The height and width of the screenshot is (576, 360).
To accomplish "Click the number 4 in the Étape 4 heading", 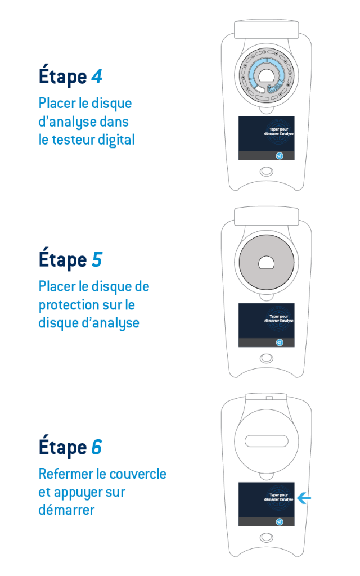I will (97, 76).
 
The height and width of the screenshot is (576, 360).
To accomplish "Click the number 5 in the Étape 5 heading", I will (97, 259).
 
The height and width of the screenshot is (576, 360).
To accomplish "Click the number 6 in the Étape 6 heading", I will (97, 447).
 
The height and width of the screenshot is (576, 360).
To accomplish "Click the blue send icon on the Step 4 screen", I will (280, 156).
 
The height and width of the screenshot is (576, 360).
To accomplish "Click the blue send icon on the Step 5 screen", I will (280, 343).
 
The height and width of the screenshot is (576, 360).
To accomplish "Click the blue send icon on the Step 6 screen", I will (280, 521).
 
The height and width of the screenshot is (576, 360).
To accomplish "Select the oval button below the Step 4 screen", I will (266, 172).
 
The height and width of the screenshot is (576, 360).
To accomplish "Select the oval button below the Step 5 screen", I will (266, 358).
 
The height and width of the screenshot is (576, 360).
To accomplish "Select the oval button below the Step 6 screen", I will (266, 538).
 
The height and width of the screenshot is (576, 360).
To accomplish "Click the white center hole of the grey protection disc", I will (266, 262).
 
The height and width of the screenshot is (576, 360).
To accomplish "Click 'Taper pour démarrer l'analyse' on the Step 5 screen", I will (278, 318).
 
